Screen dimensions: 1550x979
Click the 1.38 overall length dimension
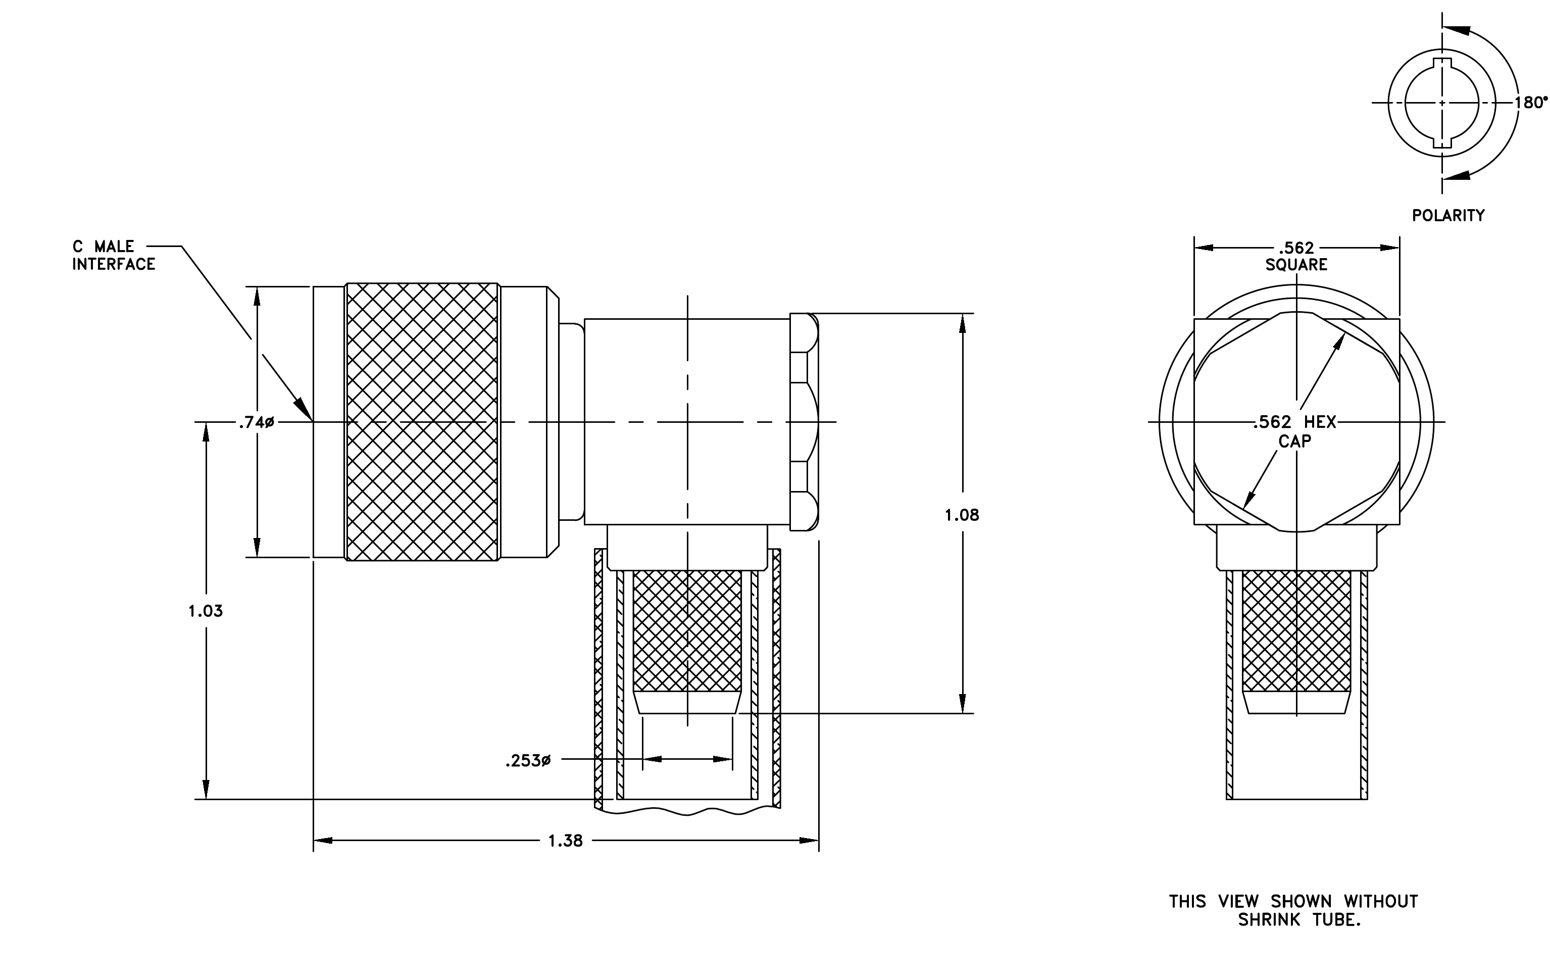tap(565, 841)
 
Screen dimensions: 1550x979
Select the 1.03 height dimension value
tap(206, 611)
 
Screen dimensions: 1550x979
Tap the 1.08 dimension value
tap(962, 515)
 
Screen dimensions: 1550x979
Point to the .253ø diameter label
tap(528, 761)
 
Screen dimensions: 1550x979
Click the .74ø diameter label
tap(256, 423)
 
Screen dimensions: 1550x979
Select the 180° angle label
tap(1531, 103)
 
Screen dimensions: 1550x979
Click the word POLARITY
tap(1448, 216)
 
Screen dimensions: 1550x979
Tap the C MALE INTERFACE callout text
tap(113, 256)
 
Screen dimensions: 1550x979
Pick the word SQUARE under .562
tap(1296, 265)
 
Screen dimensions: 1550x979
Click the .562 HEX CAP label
tap(1294, 431)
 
